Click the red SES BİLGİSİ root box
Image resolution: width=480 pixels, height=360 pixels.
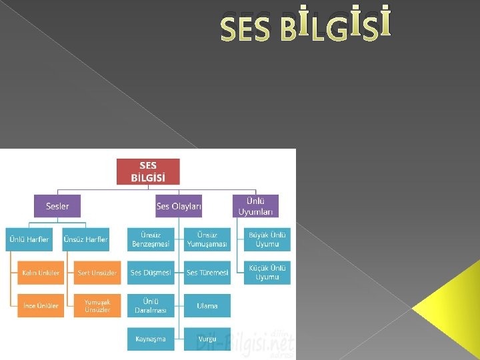pos(148,171)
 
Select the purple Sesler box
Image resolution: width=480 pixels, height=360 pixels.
pos(57,206)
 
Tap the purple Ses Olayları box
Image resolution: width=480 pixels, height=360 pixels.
pos(179,206)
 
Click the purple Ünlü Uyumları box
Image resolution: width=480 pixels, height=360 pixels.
pos(255,206)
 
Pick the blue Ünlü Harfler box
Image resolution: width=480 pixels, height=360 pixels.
pos(28,239)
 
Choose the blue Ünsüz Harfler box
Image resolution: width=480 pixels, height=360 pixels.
pos(85,239)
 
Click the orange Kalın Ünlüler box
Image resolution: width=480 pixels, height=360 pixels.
pos(41,273)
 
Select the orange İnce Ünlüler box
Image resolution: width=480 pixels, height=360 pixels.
pos(41,306)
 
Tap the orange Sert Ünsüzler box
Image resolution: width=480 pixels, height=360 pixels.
pos(97,273)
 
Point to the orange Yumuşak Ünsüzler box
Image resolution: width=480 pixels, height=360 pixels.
pos(97,306)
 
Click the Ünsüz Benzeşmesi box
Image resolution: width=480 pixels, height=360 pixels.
pos(151,239)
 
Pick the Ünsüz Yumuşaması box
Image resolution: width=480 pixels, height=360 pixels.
pos(207,239)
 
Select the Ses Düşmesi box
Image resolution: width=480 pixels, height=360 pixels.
pos(151,273)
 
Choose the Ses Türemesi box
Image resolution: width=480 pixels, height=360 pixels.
pos(207,273)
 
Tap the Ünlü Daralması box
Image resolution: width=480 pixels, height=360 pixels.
pos(151,306)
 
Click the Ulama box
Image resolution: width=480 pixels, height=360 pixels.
pos(207,306)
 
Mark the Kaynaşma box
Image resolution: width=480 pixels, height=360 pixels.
pos(151,339)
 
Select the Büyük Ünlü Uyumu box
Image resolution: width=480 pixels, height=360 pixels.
pos(267,239)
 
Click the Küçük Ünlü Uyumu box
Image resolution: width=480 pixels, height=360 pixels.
pos(267,273)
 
